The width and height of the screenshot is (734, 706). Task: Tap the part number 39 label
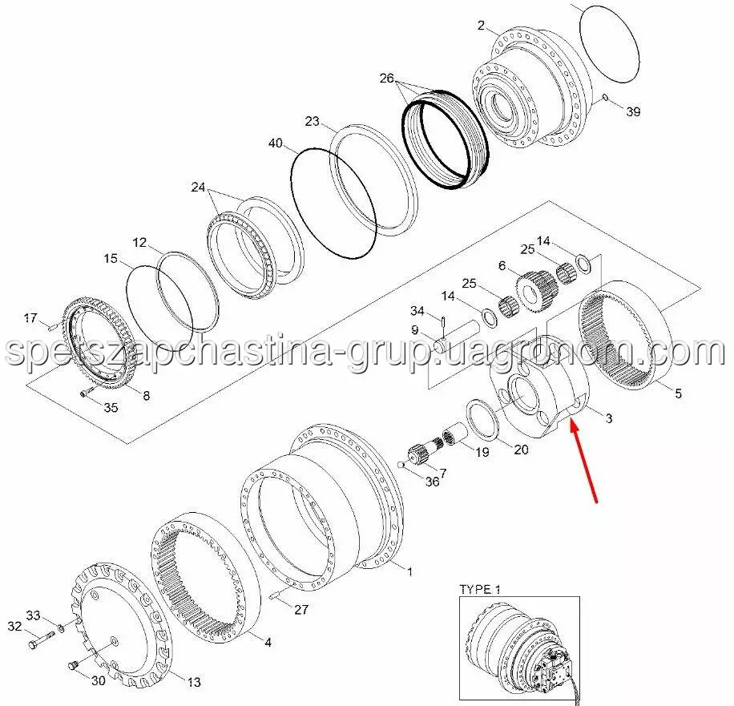[x=633, y=112]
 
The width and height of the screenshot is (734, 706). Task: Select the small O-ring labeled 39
[x=607, y=99]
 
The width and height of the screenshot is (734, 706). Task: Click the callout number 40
[x=276, y=143]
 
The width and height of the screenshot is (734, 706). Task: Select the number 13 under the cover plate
[x=195, y=683]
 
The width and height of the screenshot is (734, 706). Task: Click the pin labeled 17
[x=50, y=325]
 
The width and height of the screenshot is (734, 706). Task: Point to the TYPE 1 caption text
[x=479, y=590]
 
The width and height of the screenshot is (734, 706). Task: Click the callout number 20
[x=521, y=450]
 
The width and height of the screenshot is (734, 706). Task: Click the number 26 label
[x=387, y=79]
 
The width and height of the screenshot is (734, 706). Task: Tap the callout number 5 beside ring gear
[x=678, y=393]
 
